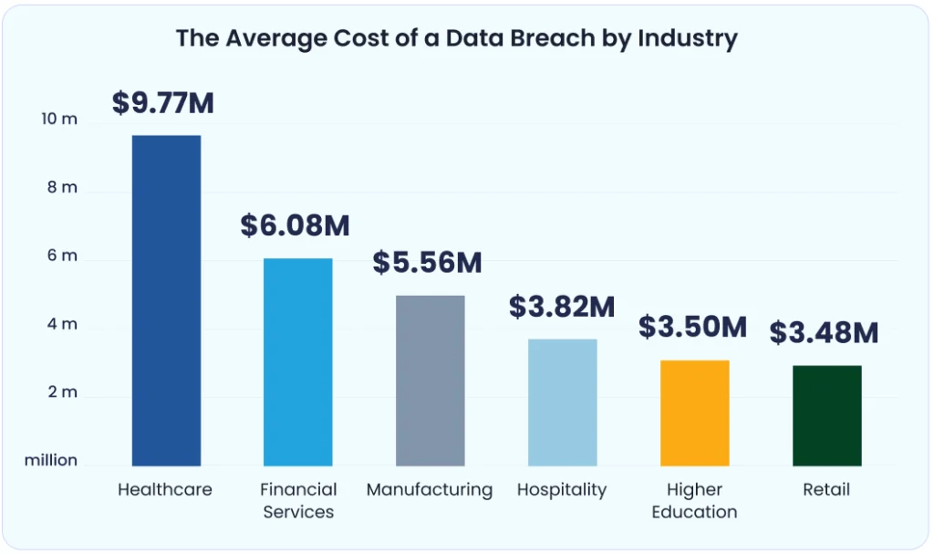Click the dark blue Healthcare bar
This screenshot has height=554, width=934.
(166, 300)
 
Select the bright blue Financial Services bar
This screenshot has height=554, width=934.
(297, 362)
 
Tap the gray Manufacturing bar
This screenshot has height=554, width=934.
(430, 381)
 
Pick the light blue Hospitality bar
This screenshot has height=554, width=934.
(562, 402)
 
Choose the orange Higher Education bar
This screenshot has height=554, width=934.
(694, 413)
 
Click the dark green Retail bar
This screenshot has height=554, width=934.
(826, 415)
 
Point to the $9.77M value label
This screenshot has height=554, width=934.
(163, 103)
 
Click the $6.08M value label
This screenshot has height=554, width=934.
(296, 225)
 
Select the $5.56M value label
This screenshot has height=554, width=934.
(427, 263)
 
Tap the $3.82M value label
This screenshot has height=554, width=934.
(562, 307)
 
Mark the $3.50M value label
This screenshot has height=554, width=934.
(692, 327)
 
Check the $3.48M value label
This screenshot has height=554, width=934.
(824, 333)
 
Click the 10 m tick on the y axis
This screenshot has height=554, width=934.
(62, 120)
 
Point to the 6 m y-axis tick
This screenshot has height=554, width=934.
(63, 256)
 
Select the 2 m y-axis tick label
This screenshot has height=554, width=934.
(63, 392)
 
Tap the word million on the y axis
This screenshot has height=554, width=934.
(51, 460)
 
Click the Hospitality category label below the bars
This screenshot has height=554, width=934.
(562, 490)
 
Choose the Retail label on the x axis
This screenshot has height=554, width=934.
(826, 490)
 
